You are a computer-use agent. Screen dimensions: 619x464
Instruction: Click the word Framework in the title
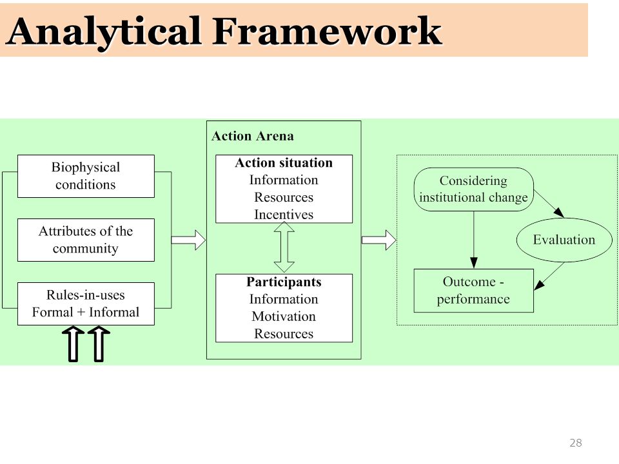click(x=328, y=31)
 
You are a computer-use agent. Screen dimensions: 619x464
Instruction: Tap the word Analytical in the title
click(x=104, y=32)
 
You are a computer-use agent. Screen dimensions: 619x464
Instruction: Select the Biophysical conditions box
click(x=86, y=176)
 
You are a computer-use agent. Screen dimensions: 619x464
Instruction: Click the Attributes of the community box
click(x=86, y=240)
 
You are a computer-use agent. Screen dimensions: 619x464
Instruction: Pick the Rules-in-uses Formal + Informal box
click(x=86, y=304)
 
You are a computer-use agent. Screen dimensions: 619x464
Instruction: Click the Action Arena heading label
click(x=253, y=136)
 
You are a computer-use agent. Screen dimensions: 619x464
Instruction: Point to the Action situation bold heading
click(x=284, y=162)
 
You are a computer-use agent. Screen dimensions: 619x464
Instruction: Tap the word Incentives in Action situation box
click(x=284, y=214)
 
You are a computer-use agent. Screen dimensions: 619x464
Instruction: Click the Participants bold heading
click(x=284, y=282)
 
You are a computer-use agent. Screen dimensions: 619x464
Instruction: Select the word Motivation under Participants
click(x=284, y=316)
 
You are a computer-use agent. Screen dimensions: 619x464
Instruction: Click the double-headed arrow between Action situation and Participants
click(x=284, y=247)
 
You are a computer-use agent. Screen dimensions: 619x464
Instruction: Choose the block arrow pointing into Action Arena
click(x=188, y=240)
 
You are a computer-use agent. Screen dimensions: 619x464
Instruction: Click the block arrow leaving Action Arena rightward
click(x=379, y=240)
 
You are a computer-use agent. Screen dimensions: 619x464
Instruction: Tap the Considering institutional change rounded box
click(x=474, y=189)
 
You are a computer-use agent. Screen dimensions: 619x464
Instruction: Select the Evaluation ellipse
click(x=564, y=240)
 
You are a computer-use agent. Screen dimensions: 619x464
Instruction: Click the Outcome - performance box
click(x=474, y=291)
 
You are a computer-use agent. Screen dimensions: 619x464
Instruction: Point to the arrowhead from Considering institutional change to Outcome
click(x=474, y=263)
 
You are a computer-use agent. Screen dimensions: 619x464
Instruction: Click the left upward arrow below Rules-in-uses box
click(x=73, y=343)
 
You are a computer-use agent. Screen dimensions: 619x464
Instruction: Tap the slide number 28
click(x=576, y=443)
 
